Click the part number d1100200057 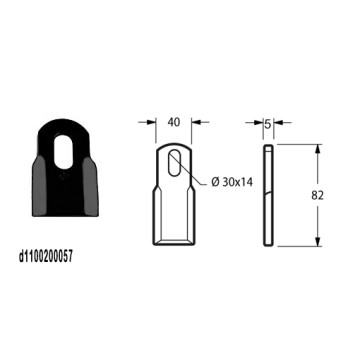tap(46, 257)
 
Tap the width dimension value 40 tap(174, 122)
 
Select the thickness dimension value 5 tap(268, 125)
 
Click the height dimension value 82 tap(317, 196)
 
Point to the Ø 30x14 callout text tap(232, 182)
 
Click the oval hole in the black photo tap(63, 151)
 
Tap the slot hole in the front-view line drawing tap(174, 163)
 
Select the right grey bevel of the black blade tap(90, 186)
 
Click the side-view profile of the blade tap(268, 195)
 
